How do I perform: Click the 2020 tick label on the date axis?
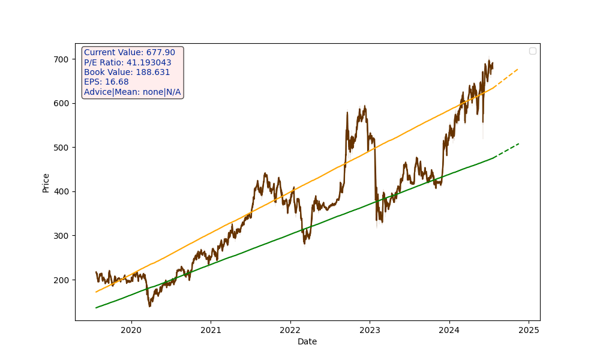pyautogui.click(x=131, y=329)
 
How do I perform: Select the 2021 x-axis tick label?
pyautogui.click(x=211, y=329)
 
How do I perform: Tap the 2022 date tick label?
pyautogui.click(x=290, y=329)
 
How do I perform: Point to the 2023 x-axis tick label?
pyautogui.click(x=370, y=329)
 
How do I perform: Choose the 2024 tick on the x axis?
pyautogui.click(x=449, y=329)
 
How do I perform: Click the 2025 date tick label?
pyautogui.click(x=529, y=329)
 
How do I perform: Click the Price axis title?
pyautogui.click(x=46, y=182)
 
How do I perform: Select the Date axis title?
pyautogui.click(x=307, y=341)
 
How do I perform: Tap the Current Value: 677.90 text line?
pyautogui.click(x=130, y=53)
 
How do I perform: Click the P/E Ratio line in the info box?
pyautogui.click(x=128, y=62)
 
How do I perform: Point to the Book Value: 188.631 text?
pyautogui.click(x=127, y=73)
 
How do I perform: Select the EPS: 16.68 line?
pyautogui.click(x=106, y=82)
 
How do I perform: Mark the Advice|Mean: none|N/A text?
pyautogui.click(x=132, y=92)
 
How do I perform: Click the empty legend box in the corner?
pyautogui.click(x=532, y=51)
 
